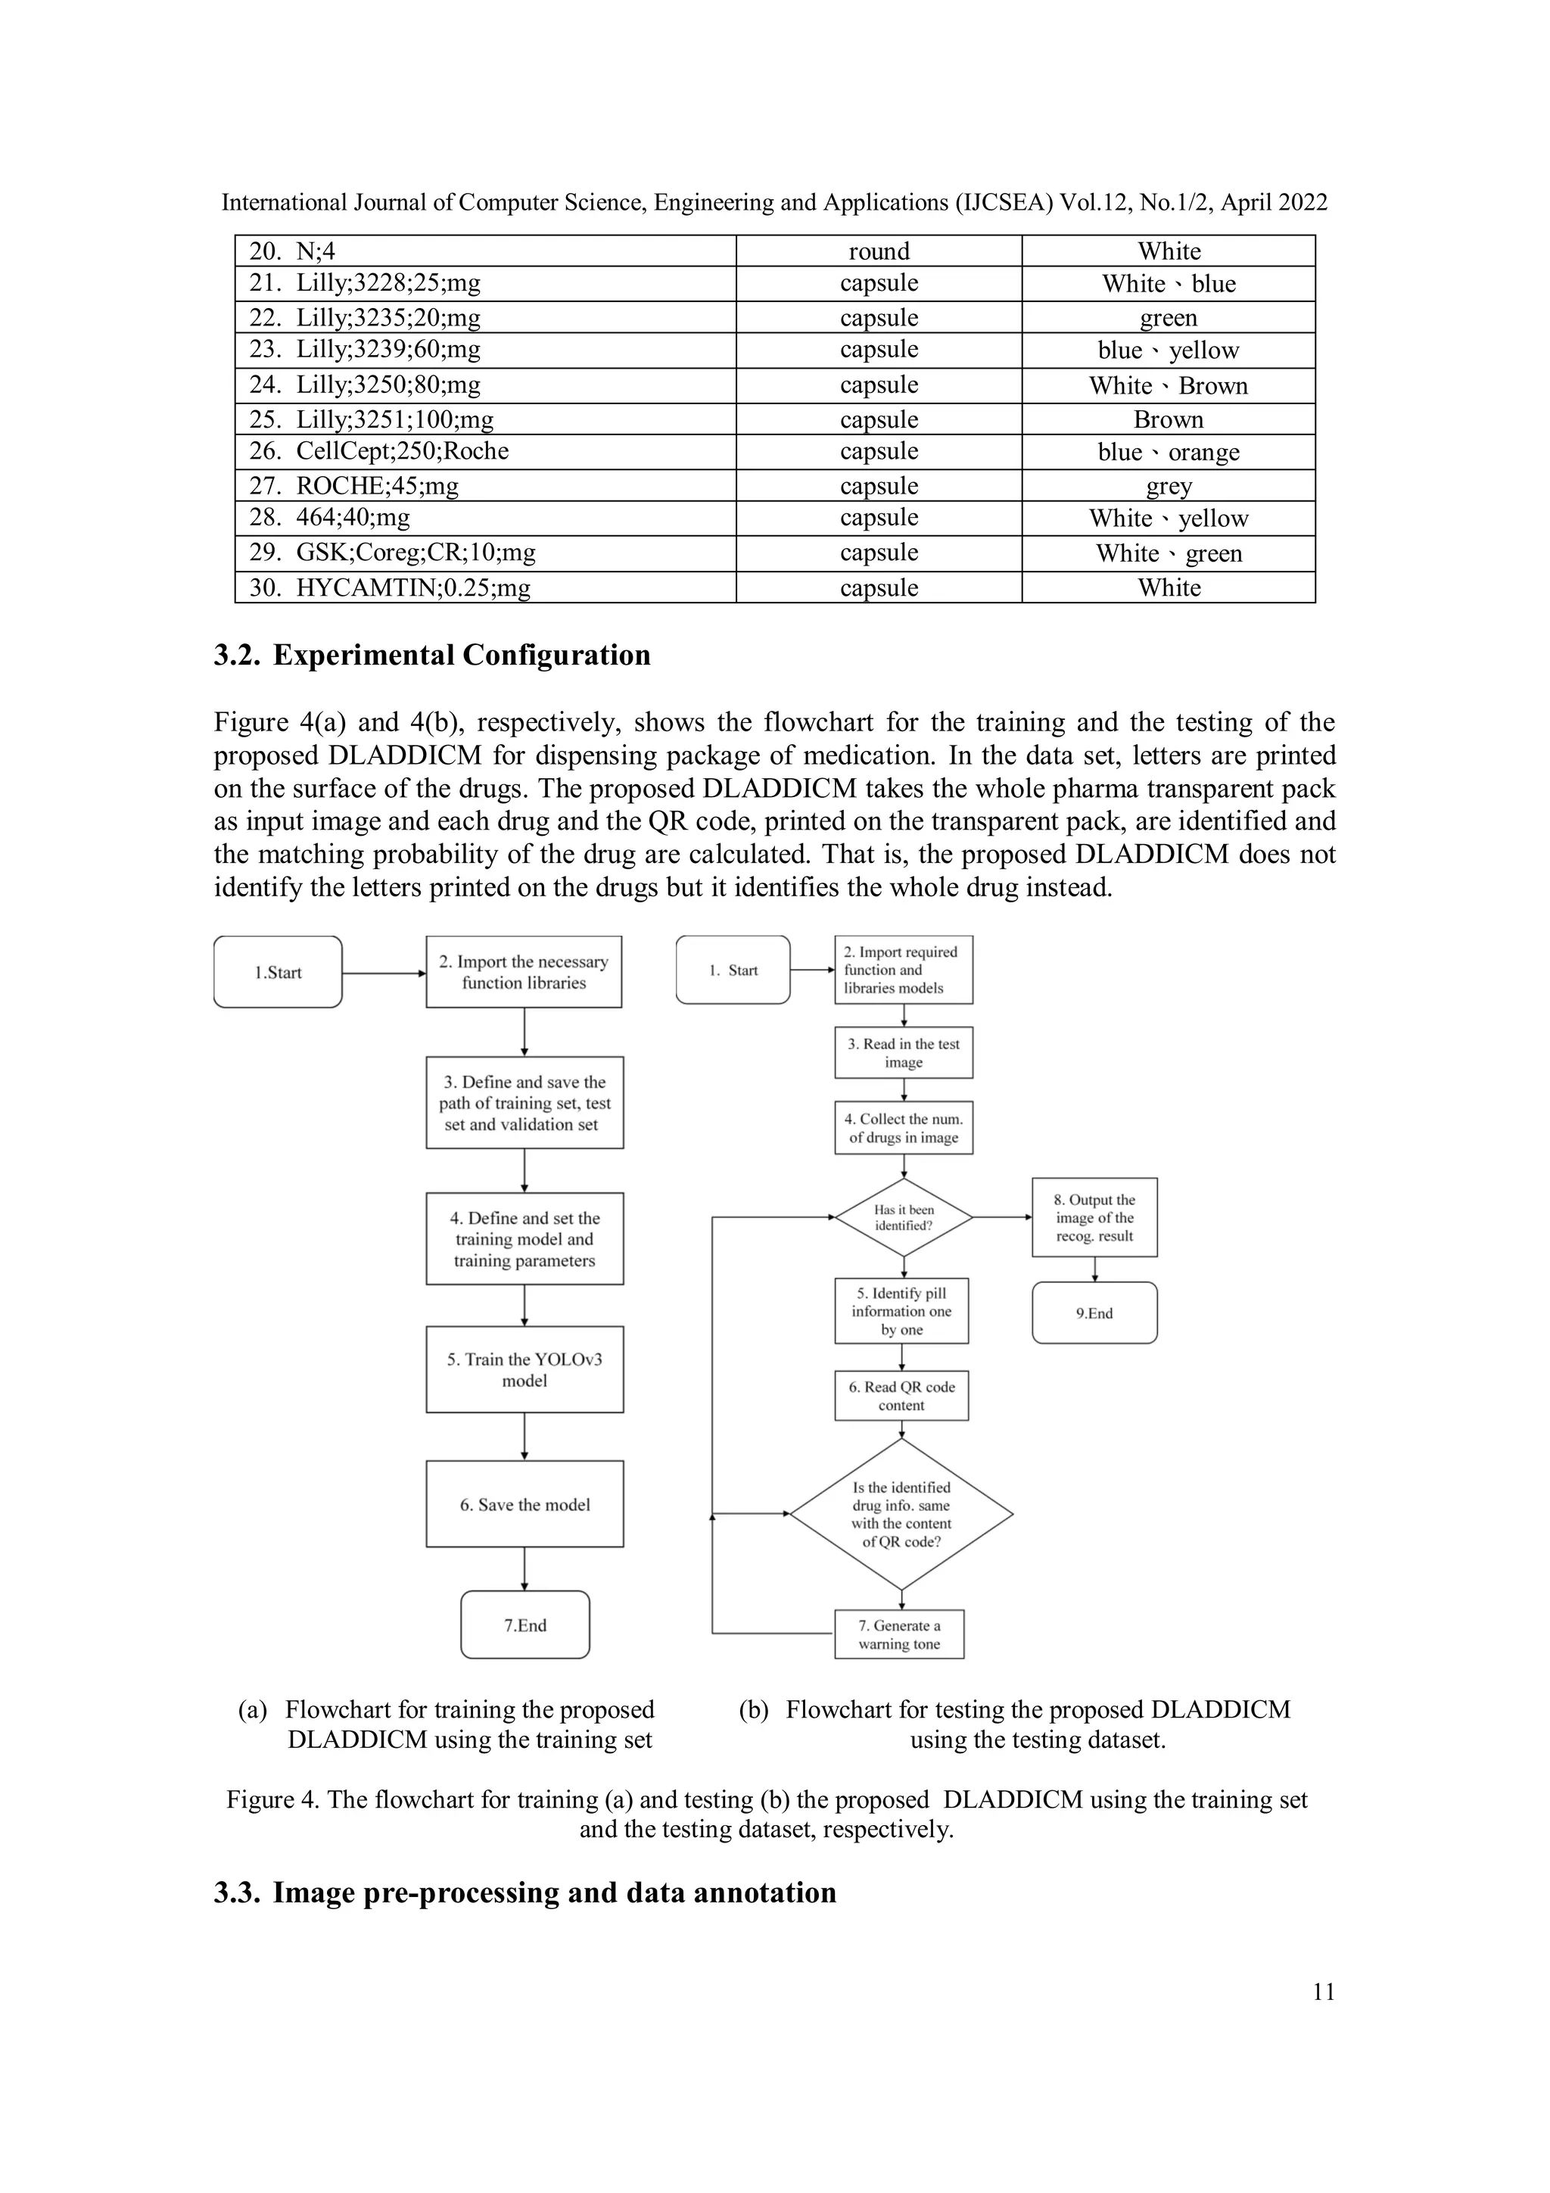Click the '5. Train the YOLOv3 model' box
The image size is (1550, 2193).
coord(524,1369)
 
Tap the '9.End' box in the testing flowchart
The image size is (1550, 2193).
coord(1094,1313)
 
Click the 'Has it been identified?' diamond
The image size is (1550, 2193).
coord(904,1218)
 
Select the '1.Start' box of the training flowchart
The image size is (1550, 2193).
coord(278,972)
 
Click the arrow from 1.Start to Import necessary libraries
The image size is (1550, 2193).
coord(383,973)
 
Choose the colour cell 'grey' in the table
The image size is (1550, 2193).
coord(1168,486)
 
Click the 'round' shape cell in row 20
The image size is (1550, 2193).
coord(879,251)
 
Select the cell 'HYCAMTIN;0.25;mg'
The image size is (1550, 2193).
coord(412,587)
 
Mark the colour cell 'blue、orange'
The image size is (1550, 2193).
coord(1168,452)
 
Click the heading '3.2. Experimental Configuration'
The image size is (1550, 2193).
coord(431,656)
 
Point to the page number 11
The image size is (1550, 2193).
coord(1323,1992)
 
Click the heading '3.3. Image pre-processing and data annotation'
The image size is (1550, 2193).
coord(524,1892)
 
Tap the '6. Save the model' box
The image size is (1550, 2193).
coord(524,1504)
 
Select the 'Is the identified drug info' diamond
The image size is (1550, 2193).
coord(901,1514)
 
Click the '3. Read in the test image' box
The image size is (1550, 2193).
coord(904,1052)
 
